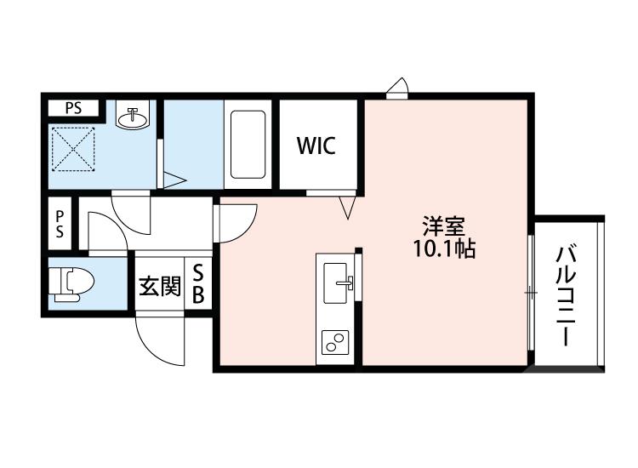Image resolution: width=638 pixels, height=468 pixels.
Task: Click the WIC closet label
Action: [x=316, y=146]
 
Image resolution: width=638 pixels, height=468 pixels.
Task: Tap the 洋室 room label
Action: [x=443, y=226]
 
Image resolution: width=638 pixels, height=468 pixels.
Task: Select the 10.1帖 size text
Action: [x=444, y=248]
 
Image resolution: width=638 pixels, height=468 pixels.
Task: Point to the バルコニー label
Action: [x=566, y=296]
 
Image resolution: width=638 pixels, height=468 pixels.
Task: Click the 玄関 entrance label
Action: [x=160, y=286]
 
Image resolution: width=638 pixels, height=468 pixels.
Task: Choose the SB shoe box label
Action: [x=198, y=283]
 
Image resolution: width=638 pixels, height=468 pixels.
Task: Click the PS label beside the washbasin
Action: [x=74, y=108]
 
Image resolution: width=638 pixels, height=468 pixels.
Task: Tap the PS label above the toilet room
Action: [x=60, y=224]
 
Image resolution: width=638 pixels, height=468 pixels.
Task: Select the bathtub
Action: [x=248, y=144]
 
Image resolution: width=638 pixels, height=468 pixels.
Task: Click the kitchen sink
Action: [x=337, y=283]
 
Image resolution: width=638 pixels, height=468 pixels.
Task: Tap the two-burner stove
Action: [x=335, y=342]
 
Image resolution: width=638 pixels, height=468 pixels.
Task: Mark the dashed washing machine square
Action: [x=74, y=149]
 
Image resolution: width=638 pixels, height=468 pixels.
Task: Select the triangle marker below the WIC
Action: [x=347, y=207]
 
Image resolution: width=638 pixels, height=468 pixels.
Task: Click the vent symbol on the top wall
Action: [x=397, y=88]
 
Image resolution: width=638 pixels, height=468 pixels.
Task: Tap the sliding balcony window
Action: [x=531, y=293]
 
